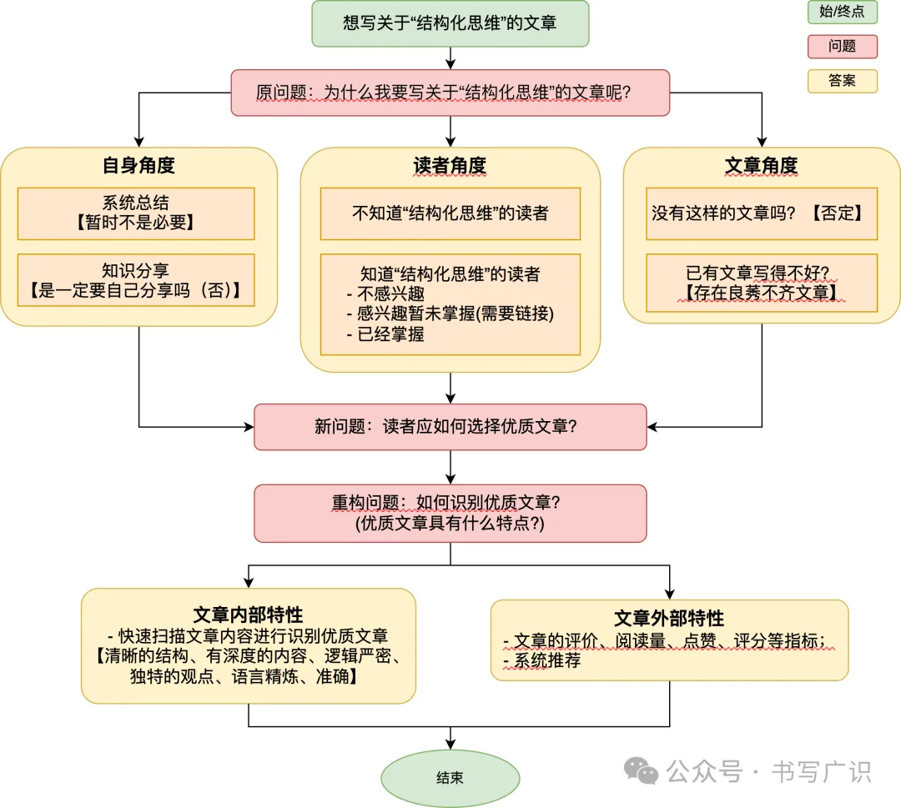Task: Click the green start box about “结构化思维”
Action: coord(450,23)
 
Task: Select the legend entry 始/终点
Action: coord(843,12)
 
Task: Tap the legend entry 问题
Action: coord(843,47)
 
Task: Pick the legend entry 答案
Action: coord(843,81)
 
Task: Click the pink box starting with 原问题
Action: coord(450,93)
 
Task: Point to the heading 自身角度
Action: coord(138,165)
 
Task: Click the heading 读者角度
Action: coord(450,165)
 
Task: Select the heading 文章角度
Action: coord(762,165)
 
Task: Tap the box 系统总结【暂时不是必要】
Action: coord(136,213)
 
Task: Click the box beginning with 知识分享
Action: coord(136,280)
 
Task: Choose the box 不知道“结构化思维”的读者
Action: coord(450,213)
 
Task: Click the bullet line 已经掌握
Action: coord(385,334)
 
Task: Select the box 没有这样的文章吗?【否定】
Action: coord(762,213)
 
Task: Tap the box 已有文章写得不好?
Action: coord(762,284)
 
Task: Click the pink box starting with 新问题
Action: coord(450,427)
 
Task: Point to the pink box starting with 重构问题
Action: coord(450,514)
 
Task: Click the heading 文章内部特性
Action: coord(249,615)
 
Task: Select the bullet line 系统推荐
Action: coord(542,660)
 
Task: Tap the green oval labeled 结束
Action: coord(450,778)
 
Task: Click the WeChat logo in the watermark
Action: coord(641,770)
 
